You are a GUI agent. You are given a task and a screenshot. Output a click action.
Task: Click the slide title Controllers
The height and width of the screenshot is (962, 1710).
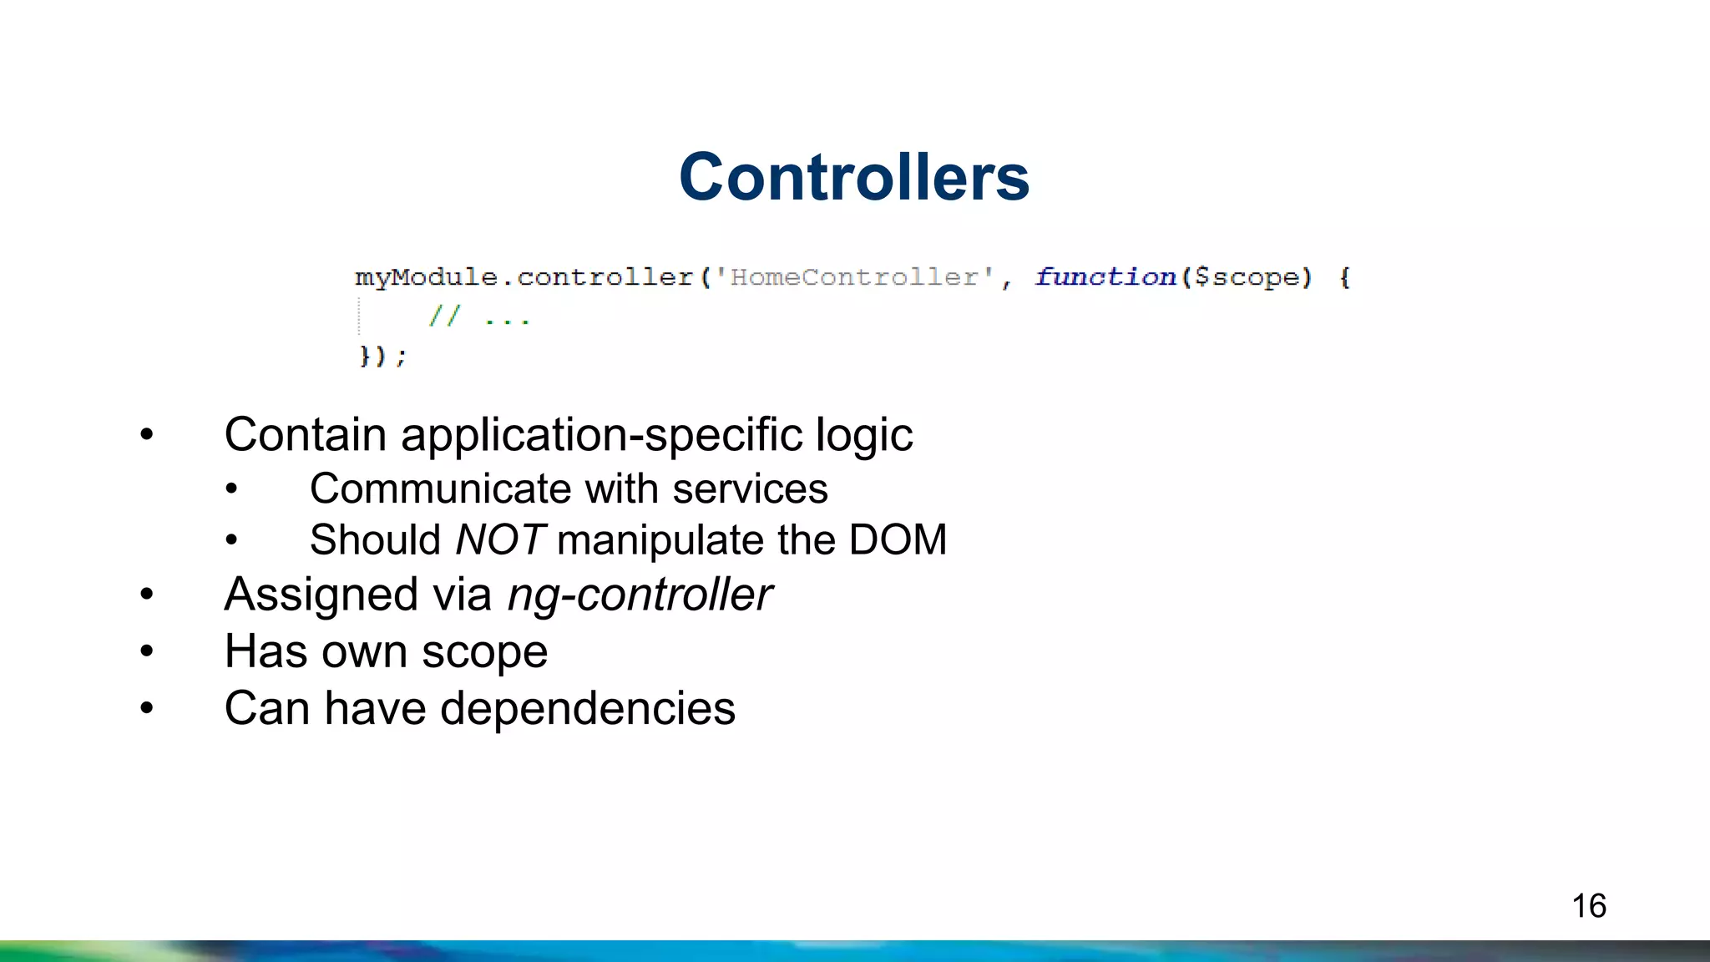click(x=854, y=177)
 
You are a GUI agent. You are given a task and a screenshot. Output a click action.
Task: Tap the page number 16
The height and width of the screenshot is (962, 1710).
click(x=1588, y=906)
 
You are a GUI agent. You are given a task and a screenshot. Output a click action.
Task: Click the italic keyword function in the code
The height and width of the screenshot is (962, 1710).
click(x=1105, y=276)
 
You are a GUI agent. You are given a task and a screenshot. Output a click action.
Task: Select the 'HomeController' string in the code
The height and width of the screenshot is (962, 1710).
click(x=854, y=276)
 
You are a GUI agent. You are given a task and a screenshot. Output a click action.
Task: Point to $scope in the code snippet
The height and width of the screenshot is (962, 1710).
click(x=1247, y=276)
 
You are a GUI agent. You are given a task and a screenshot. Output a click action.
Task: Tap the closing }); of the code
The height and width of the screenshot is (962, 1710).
click(x=382, y=357)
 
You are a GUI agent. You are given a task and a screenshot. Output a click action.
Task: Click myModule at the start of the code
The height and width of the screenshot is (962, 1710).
click(x=426, y=276)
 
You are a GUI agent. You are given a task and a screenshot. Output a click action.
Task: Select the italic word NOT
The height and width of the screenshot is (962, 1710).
click(x=500, y=539)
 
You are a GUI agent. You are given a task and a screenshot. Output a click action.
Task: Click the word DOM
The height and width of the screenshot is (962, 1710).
click(x=898, y=539)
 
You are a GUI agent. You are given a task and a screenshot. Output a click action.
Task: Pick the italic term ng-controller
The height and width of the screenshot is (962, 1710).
click(x=640, y=595)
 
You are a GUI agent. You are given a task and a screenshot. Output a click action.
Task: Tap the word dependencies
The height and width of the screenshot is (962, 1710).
click(x=588, y=708)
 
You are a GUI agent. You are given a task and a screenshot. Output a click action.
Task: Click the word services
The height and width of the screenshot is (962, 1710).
click(x=750, y=489)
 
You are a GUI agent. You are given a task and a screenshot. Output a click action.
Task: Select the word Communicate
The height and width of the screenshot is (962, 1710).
click(x=428, y=489)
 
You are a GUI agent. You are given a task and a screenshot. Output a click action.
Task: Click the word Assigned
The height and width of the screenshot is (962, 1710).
click(x=321, y=595)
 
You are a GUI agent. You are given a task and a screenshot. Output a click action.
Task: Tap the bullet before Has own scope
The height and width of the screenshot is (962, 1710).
click(x=147, y=651)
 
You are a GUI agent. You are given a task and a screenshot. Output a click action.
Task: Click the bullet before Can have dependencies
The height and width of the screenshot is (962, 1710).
click(x=147, y=709)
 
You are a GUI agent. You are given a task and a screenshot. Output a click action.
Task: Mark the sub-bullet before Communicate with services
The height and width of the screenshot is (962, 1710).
click(x=231, y=489)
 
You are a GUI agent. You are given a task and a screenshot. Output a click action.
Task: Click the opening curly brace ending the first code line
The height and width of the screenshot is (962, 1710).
click(x=1344, y=276)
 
